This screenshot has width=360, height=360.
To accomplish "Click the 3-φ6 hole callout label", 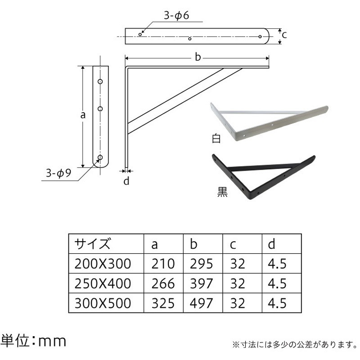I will pyautogui.click(x=177, y=16).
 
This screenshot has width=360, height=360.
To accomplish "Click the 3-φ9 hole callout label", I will pyautogui.click(x=58, y=172).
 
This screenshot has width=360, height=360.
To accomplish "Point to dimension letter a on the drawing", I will pyautogui.click(x=83, y=115).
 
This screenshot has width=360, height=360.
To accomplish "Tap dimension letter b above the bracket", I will pyautogui.click(x=197, y=57).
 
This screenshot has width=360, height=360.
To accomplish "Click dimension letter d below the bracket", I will pyautogui.click(x=126, y=181).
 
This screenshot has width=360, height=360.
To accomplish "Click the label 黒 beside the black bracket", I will pyautogui.click(x=222, y=192).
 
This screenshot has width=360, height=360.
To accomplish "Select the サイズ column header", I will pyautogui.click(x=92, y=244).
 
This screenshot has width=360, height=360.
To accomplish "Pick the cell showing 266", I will pyautogui.click(x=162, y=283).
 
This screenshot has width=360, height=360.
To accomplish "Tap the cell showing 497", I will pyautogui.click(x=201, y=303).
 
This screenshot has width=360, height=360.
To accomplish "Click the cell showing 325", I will pyautogui.click(x=162, y=303).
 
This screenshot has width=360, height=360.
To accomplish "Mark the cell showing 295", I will pyautogui.click(x=201, y=263).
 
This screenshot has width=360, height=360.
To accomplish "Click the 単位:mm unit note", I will pyautogui.click(x=33, y=341).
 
